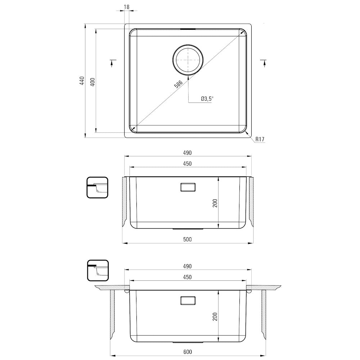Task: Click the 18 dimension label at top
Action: point(126,7)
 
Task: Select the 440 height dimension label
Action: point(82,81)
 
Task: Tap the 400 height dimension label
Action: point(93,82)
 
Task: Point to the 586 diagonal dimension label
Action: point(179,84)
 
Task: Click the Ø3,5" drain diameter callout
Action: point(207,99)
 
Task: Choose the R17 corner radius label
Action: point(260,139)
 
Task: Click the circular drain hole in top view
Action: point(188,59)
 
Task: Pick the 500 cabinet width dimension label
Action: point(187,239)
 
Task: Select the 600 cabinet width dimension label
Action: point(188,352)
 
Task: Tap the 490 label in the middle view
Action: point(187,153)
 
